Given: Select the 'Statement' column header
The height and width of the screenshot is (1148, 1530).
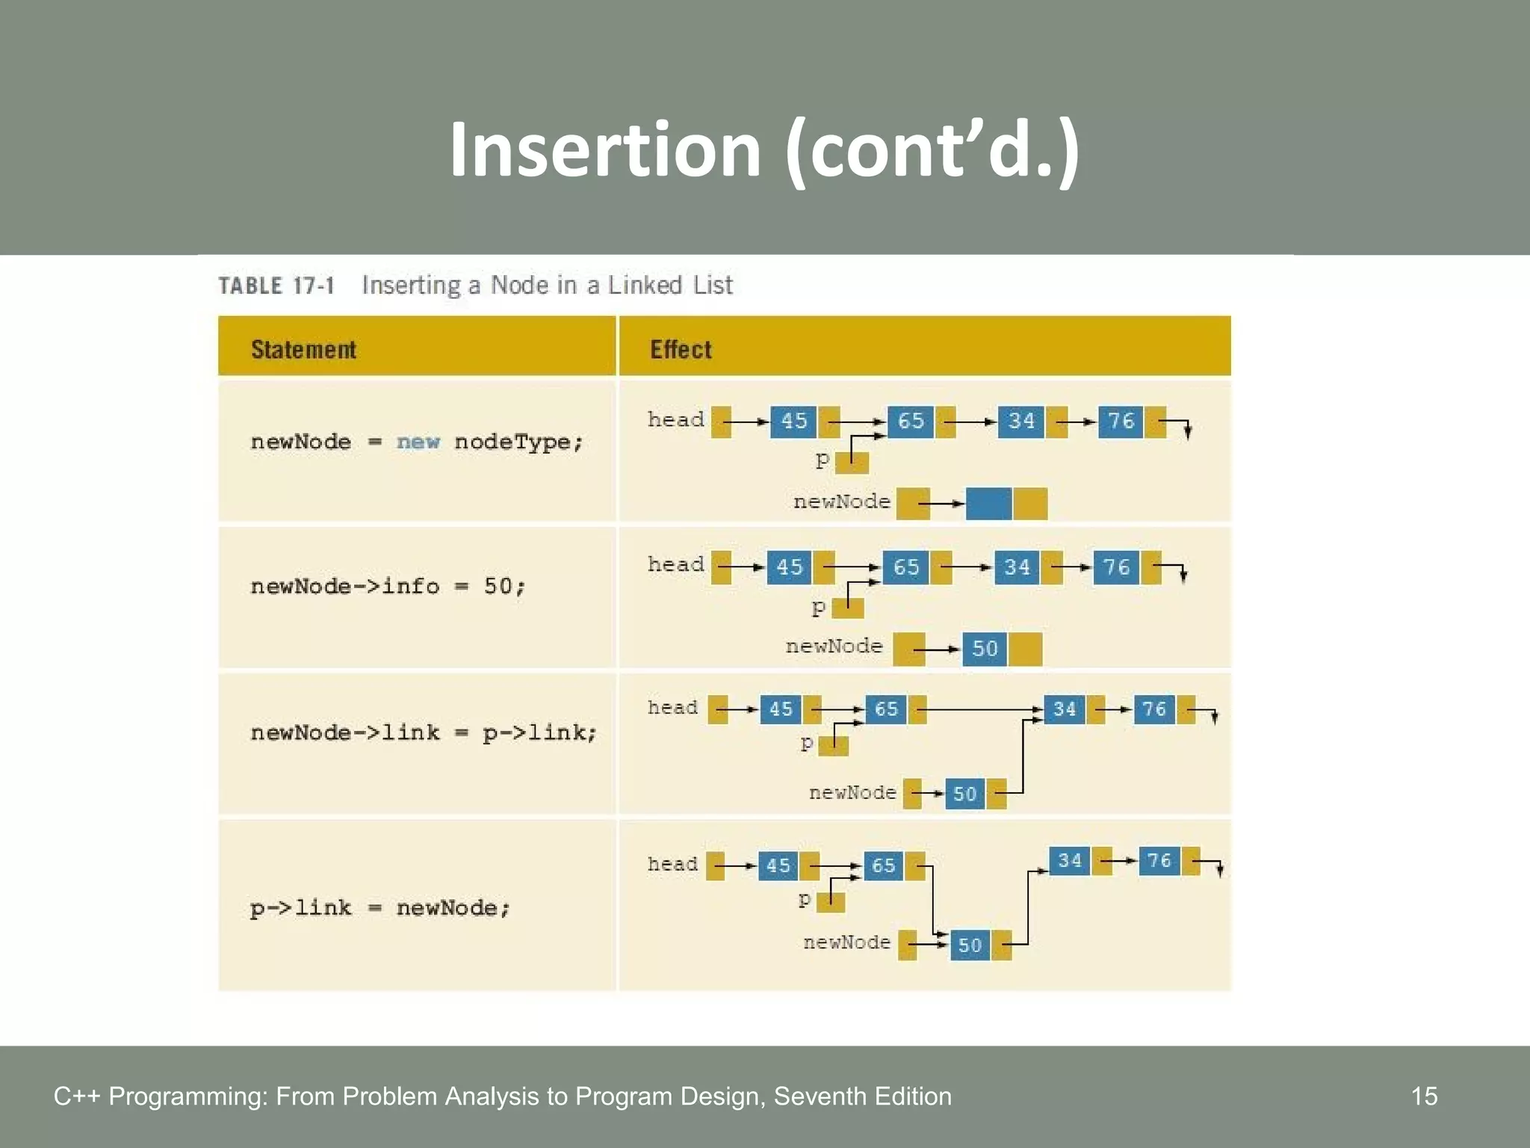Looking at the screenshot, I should [x=303, y=349].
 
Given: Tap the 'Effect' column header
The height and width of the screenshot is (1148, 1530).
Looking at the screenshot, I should [x=681, y=349].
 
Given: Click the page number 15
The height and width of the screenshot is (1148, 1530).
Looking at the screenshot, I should [x=1424, y=1096].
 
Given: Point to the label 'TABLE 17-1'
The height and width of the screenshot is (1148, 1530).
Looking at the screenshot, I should [x=276, y=286].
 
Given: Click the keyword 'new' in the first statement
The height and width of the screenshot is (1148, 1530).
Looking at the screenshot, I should [x=418, y=442].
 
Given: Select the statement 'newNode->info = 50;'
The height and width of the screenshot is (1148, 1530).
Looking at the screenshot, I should [x=388, y=586].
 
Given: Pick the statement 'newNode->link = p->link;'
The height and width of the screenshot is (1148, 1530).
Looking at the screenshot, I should [x=424, y=732].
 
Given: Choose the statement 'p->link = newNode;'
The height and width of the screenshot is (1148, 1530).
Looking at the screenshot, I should [x=380, y=908].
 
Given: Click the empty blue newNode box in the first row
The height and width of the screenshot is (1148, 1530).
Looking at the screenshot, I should [x=988, y=503].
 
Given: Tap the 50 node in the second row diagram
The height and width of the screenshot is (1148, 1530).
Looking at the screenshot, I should [x=985, y=648].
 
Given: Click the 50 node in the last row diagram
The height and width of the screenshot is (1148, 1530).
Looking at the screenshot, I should [x=970, y=945].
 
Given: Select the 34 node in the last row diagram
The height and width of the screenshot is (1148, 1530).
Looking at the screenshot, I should [x=1070, y=861].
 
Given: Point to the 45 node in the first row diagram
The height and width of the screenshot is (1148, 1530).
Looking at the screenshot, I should [x=793, y=422].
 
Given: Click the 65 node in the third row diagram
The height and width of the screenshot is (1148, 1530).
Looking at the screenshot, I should [x=886, y=709].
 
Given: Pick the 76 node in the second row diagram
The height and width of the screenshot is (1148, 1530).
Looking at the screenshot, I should [x=1117, y=567].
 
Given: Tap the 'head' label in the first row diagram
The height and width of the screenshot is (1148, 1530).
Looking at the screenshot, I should [x=675, y=419].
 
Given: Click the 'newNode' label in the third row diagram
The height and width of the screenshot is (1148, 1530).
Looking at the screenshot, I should [x=852, y=792].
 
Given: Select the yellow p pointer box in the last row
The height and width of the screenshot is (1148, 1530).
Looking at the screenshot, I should [x=831, y=902].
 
